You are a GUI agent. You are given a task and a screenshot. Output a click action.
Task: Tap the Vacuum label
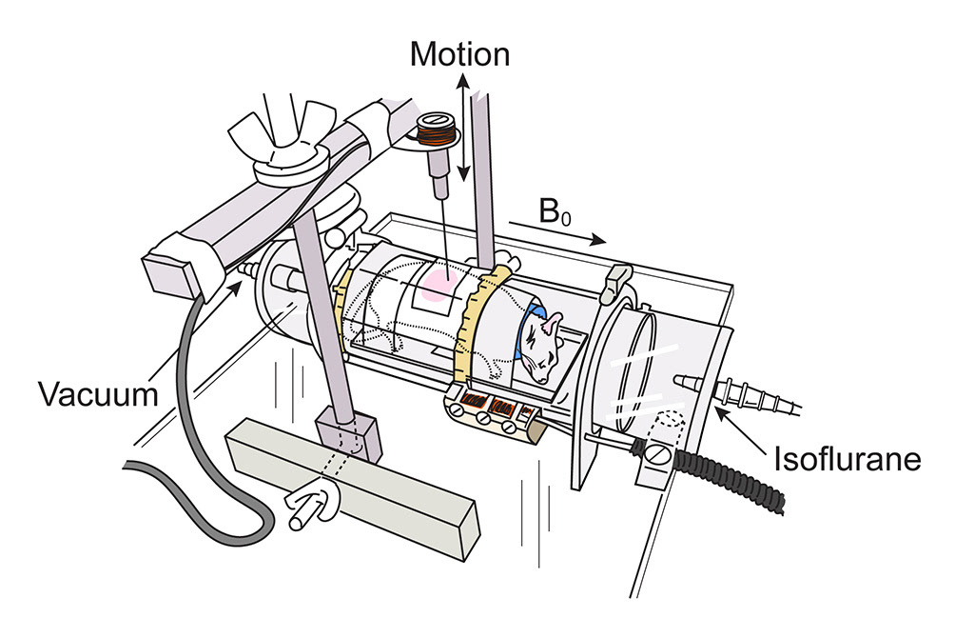click(99, 394)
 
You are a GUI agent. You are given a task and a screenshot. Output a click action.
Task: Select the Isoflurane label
click(848, 459)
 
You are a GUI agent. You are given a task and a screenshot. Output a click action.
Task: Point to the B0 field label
click(555, 211)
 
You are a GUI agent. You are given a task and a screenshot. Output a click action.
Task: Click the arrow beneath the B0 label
click(558, 231)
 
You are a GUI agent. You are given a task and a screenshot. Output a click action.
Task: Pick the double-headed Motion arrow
click(463, 128)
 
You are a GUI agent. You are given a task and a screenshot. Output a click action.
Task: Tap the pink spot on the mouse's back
click(439, 284)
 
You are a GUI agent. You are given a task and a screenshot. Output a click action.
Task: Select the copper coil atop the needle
click(435, 129)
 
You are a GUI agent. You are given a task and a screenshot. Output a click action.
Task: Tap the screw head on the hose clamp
click(658, 454)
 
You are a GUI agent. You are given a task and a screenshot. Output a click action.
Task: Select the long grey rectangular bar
click(353, 487)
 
